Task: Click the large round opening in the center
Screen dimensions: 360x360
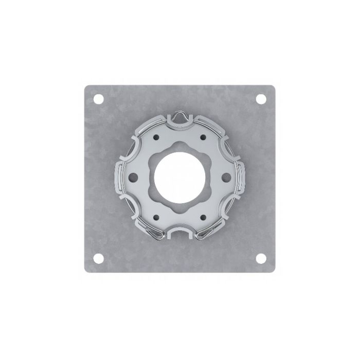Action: pyautogui.click(x=179, y=178)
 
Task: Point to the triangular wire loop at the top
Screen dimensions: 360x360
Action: pyautogui.click(x=179, y=118)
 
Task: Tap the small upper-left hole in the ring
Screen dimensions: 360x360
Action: pyautogui.click(x=156, y=137)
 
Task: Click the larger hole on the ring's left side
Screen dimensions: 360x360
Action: pyautogui.click(x=134, y=178)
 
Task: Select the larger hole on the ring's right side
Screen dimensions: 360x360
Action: pyautogui.click(x=225, y=178)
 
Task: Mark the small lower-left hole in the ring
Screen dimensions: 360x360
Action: pyautogui.click(x=156, y=219)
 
